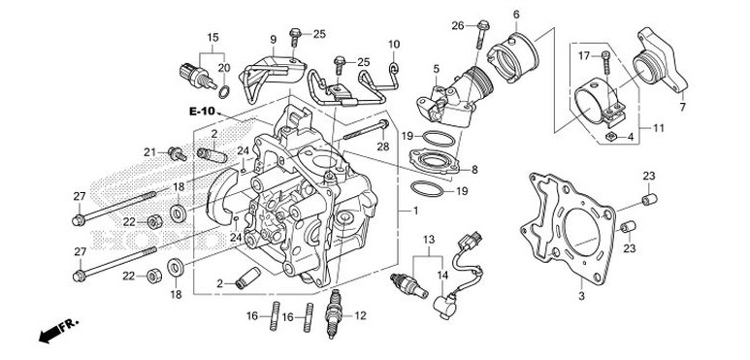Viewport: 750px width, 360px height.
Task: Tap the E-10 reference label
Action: point(202,113)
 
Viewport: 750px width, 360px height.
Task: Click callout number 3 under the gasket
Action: point(581,295)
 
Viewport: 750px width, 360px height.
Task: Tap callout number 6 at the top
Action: point(515,14)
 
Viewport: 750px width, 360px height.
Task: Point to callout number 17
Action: point(584,55)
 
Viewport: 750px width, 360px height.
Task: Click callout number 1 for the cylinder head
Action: point(415,211)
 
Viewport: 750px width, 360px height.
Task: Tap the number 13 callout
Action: point(427,238)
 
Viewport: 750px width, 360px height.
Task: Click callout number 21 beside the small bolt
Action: point(149,151)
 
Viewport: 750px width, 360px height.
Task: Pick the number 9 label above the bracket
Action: point(274,39)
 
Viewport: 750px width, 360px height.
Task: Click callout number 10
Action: point(394,45)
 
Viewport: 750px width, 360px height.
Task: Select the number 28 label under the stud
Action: point(382,146)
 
